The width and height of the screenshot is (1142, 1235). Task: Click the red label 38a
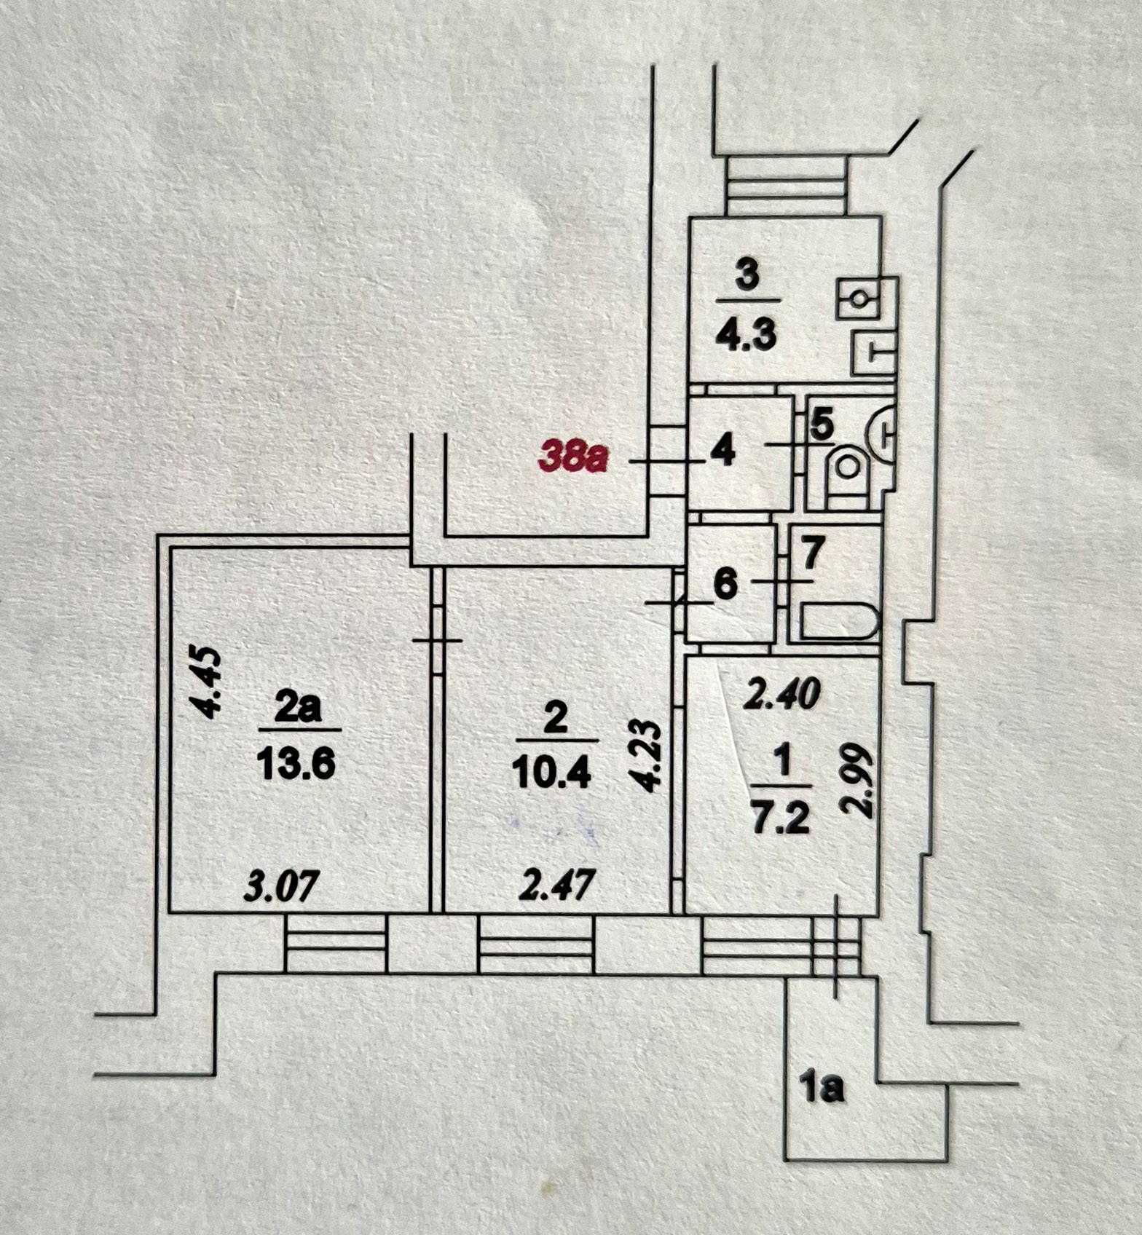(x=572, y=458)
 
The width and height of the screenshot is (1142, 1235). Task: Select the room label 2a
(x=298, y=707)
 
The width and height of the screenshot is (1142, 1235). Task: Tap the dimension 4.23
(x=647, y=754)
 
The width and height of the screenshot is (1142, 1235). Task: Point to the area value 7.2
(x=781, y=820)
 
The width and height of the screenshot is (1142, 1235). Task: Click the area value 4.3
(x=747, y=336)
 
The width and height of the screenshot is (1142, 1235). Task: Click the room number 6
(x=725, y=584)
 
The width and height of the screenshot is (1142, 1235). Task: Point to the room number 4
(x=722, y=452)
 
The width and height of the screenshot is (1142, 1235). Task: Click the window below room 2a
(x=335, y=943)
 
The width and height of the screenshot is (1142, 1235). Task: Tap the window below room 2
(x=535, y=943)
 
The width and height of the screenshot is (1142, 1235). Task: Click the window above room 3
(x=787, y=186)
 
